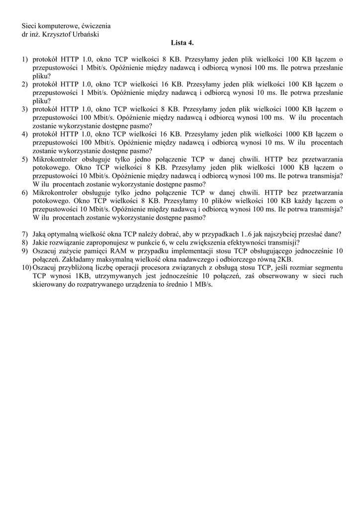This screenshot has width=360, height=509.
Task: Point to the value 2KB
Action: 285,259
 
